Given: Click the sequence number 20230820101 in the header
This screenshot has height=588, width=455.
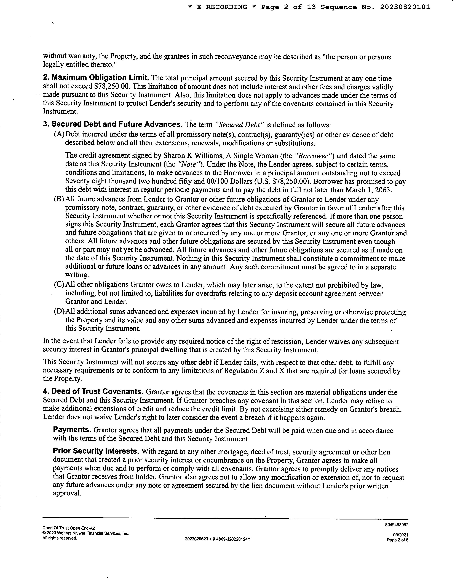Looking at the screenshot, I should pos(405,7).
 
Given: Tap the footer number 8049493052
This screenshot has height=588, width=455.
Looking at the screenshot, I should pos(397,525).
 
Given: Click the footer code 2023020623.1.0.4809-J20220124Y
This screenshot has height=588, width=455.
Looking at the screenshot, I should pos(218,539).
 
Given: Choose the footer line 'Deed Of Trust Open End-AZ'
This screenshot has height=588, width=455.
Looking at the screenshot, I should pos(69,528).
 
